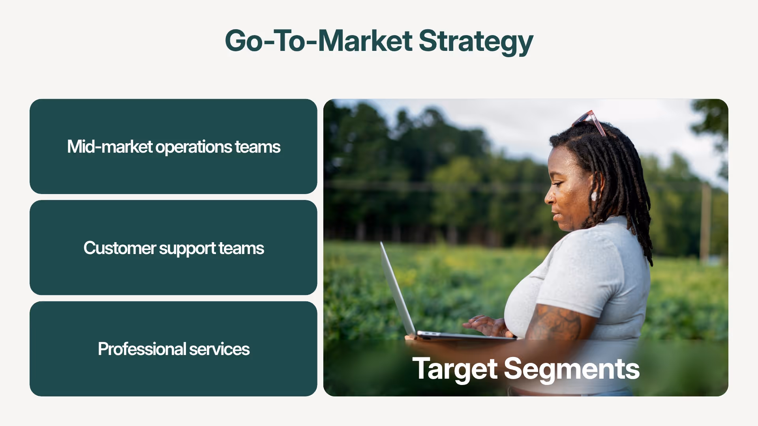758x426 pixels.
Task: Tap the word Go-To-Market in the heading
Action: tap(319, 41)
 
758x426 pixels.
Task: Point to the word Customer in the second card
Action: tap(120, 248)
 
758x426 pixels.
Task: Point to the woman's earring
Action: tap(594, 196)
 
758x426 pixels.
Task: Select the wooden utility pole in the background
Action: tap(706, 225)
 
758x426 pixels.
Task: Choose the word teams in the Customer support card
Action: tap(241, 248)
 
